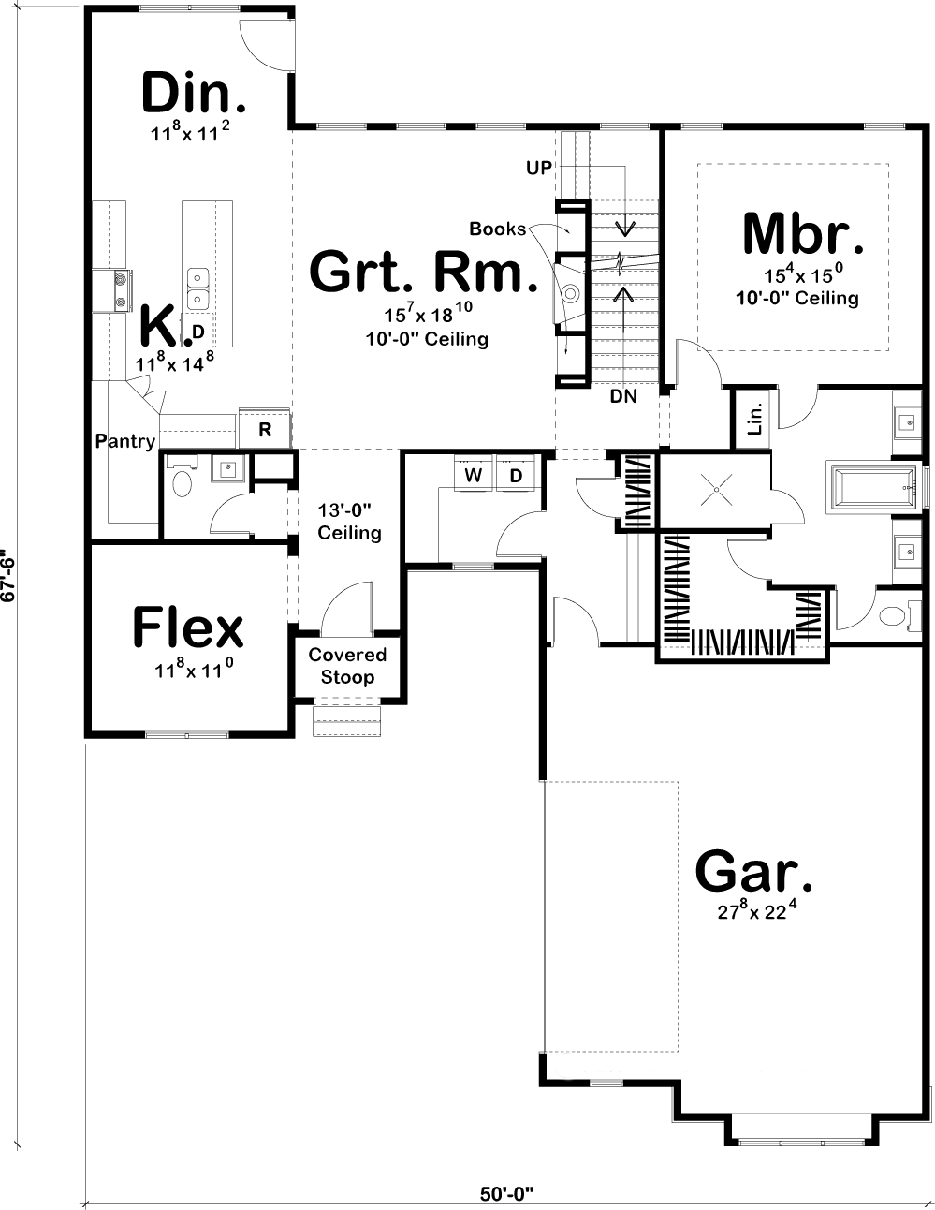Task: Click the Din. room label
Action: (x=195, y=94)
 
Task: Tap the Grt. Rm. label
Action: (x=424, y=273)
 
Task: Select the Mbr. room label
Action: (x=802, y=234)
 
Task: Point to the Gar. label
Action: (x=753, y=871)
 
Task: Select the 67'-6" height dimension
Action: (x=8, y=579)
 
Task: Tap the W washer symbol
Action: (x=474, y=476)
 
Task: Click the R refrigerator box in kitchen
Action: (x=265, y=429)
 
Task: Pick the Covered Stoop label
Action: (x=347, y=666)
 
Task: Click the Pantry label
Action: (x=124, y=440)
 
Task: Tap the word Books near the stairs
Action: (x=497, y=229)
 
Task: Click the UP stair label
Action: (x=539, y=167)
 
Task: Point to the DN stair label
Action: (x=622, y=396)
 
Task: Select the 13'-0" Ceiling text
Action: (x=349, y=522)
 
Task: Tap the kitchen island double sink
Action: (x=198, y=288)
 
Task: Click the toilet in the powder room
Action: (x=183, y=484)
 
